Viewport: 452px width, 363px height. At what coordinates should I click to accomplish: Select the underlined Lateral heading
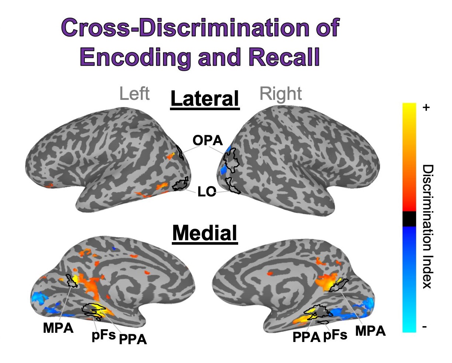tap(205, 99)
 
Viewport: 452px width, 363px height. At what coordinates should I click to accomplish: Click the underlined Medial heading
tap(205, 233)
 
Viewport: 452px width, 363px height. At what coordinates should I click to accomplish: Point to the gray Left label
tap(135, 94)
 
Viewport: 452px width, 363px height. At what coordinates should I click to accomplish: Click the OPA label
tap(208, 140)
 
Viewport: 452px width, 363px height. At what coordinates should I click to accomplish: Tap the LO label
tap(207, 192)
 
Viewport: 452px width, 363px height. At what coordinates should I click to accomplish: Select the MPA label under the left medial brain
tap(58, 328)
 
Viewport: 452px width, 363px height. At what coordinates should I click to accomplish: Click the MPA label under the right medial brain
tap(370, 331)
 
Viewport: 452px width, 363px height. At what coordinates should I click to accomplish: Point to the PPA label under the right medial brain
tap(306, 337)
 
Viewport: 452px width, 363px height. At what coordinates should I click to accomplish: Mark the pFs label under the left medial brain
tap(104, 335)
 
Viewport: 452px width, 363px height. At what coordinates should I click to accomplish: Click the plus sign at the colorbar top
tap(426, 108)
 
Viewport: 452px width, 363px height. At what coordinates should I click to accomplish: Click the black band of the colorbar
tap(409, 219)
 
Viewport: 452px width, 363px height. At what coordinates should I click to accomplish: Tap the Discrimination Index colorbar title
tap(427, 227)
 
